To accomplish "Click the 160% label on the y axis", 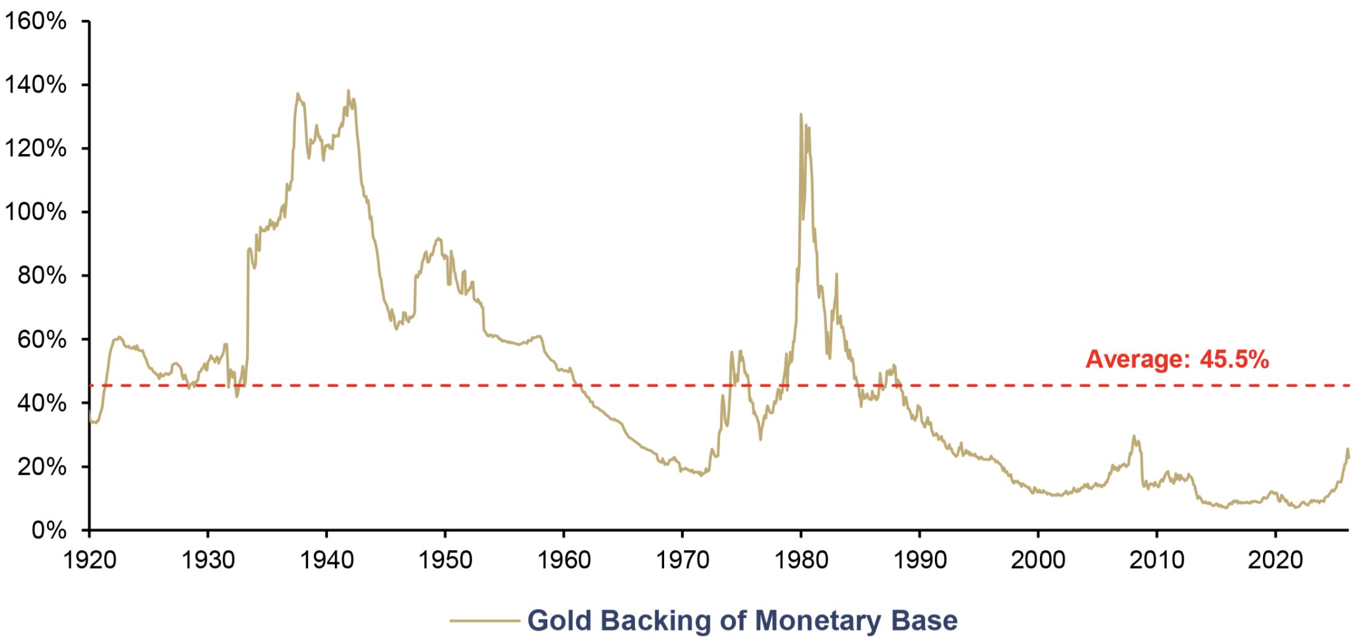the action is coord(35,21).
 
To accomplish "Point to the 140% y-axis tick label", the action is coord(35,84).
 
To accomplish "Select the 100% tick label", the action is coord(35,212).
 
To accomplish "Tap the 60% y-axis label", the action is coord(42,339).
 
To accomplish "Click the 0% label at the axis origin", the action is coord(49,530).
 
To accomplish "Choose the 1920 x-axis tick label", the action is coord(89,560).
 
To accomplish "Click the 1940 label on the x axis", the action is coord(327,560).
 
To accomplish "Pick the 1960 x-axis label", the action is coord(563,560).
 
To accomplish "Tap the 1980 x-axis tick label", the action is coord(801,560).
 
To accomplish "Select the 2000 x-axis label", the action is coord(1038,560).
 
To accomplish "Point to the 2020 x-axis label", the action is coord(1275,560).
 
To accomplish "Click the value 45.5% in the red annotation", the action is coord(1234,359).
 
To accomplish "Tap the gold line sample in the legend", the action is coord(485,620).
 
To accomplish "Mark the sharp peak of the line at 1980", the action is coord(800,114).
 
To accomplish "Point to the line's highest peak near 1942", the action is coord(348,90).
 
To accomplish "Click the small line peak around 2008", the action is coord(1134,436).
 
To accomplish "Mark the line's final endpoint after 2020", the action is coord(1349,458).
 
